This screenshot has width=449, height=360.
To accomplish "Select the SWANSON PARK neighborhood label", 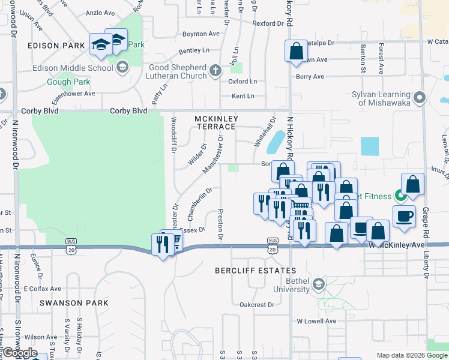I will point(74,303).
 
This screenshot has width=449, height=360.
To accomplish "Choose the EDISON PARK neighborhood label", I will point(47,46).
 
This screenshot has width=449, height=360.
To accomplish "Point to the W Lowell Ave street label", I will point(316,321).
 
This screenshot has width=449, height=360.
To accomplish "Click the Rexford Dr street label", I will point(268,23).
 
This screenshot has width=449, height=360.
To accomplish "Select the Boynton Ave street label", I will point(201,34).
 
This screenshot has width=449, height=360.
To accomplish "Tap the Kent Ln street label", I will point(243,96).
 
